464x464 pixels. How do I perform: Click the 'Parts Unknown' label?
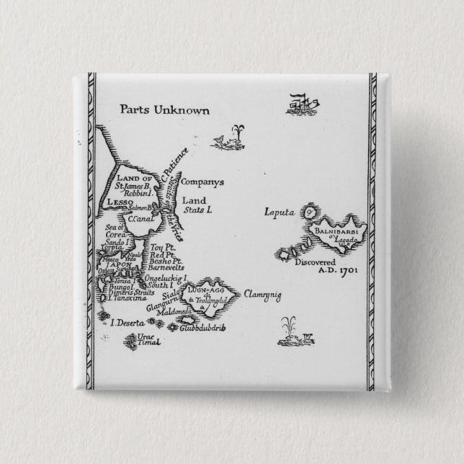tap(164, 110)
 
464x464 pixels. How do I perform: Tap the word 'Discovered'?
tap(315, 263)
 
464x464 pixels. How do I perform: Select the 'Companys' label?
tap(198, 182)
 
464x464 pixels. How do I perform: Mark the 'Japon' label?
tap(118, 264)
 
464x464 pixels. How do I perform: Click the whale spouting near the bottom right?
tap(296, 331)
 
